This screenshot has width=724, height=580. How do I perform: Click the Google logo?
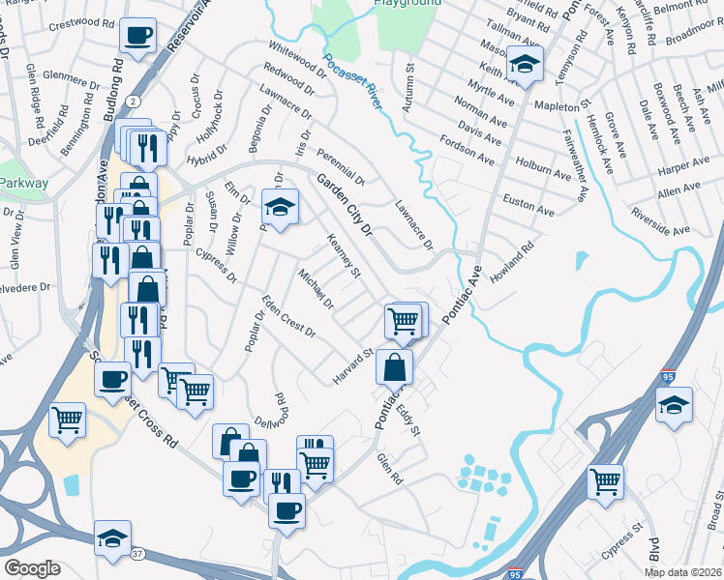tap(32, 568)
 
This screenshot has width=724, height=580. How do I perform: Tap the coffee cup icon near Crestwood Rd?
tap(136, 36)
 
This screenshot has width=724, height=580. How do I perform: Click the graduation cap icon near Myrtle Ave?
tap(525, 65)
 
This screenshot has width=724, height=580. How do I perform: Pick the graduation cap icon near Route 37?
tap(113, 537)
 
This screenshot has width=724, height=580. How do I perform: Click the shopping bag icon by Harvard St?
tap(395, 366)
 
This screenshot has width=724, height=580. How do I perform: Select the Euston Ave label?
tap(528, 204)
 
